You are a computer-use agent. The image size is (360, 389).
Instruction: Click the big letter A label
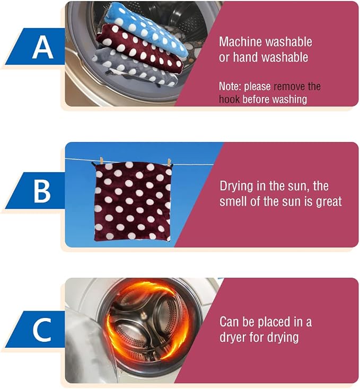(x=42, y=47)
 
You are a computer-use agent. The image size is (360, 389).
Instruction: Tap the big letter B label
(x=42, y=191)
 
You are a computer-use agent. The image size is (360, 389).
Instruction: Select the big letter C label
(x=42, y=330)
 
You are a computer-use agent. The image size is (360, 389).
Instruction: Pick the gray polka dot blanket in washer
(x=135, y=67)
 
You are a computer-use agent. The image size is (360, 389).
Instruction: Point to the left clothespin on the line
(x=101, y=160)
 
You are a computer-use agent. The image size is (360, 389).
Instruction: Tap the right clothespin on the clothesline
(x=169, y=162)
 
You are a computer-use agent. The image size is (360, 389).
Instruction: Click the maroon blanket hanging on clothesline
(x=133, y=201)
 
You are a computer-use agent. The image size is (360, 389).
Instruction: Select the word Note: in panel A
(x=230, y=86)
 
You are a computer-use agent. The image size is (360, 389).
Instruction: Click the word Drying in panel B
(x=236, y=187)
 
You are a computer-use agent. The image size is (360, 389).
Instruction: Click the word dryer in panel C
(x=233, y=338)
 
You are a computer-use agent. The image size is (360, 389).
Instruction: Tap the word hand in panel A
(x=245, y=57)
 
